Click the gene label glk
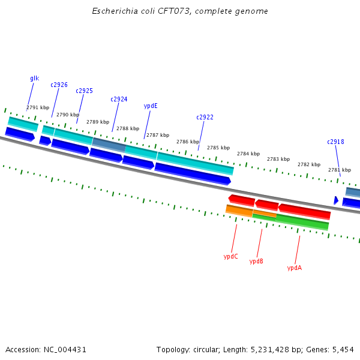coord(34,79)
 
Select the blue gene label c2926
coord(59,85)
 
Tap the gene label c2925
coord(84,91)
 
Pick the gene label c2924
coord(119,100)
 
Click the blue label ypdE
coord(151,106)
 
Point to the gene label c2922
coord(205,118)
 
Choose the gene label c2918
coord(335,142)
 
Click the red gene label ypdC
coord(230,257)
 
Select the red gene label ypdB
coord(256,262)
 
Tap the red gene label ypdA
coord(294,268)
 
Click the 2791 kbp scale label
coord(38,108)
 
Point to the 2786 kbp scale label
coord(188,142)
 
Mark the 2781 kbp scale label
coord(339,170)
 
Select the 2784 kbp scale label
coord(248,154)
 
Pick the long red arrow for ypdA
coord(304,211)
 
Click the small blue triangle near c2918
coord(336,200)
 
